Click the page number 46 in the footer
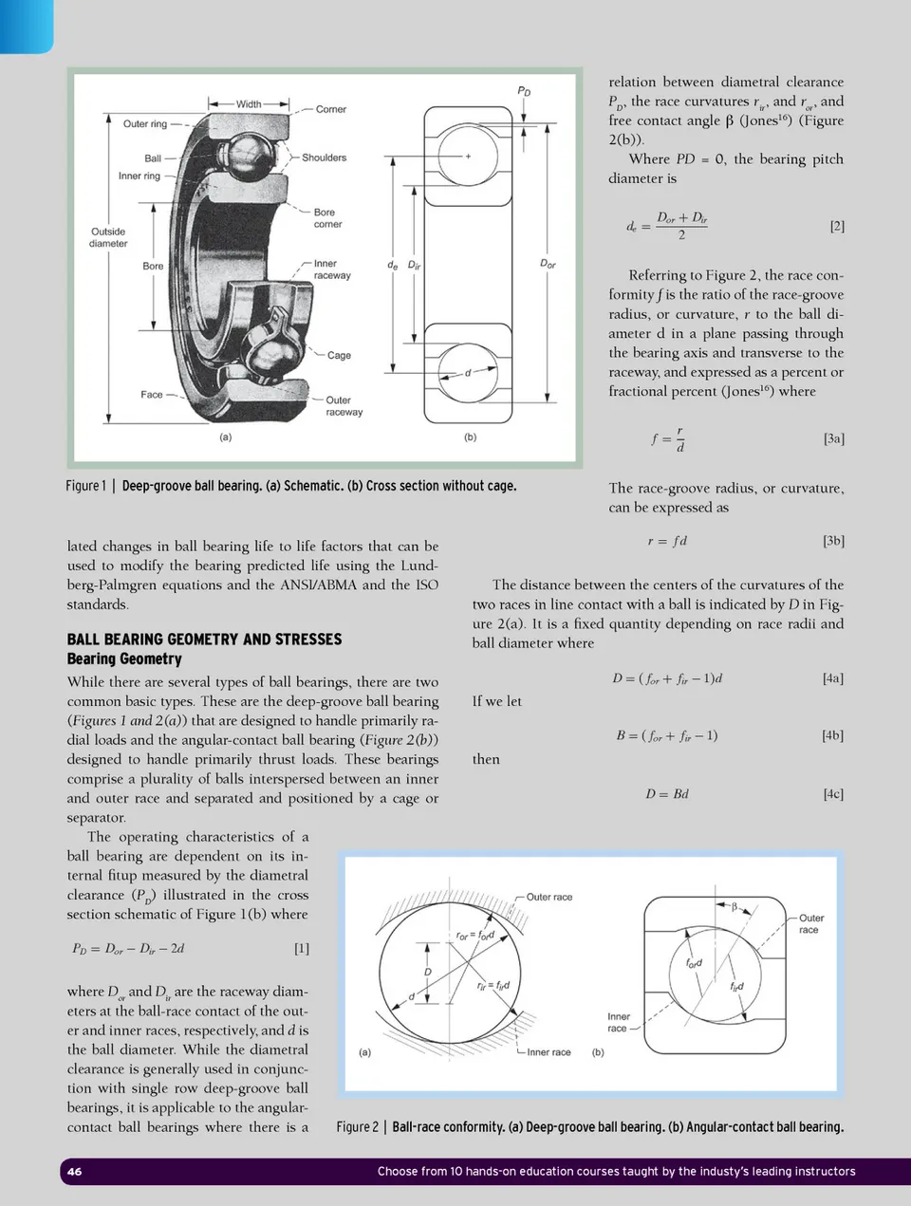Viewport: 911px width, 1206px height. (x=74, y=1171)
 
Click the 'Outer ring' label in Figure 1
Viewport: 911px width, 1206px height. (x=145, y=124)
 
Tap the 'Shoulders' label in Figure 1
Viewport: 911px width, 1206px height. (x=324, y=158)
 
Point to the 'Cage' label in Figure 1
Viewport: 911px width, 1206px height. (x=339, y=355)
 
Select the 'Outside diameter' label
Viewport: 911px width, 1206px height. (x=108, y=237)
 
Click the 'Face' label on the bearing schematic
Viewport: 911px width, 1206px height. (x=152, y=395)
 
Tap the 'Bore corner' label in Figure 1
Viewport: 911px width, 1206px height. (x=327, y=218)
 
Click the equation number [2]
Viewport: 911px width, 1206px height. (x=836, y=226)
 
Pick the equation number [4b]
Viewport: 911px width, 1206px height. (x=832, y=735)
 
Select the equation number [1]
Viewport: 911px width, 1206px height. (x=301, y=948)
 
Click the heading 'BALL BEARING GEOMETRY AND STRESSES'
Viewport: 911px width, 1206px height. (x=204, y=640)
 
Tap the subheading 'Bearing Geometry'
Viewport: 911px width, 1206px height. (x=124, y=659)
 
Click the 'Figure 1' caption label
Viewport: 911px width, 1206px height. (x=85, y=486)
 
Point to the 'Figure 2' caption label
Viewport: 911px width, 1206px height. (x=357, y=1127)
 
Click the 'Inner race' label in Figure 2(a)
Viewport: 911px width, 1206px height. (x=548, y=1052)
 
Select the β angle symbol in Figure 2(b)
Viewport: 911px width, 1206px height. (x=734, y=907)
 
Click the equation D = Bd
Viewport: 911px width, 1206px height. (x=667, y=793)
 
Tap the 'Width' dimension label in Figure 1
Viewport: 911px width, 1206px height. (x=249, y=104)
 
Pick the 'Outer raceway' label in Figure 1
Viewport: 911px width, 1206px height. (x=344, y=406)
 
